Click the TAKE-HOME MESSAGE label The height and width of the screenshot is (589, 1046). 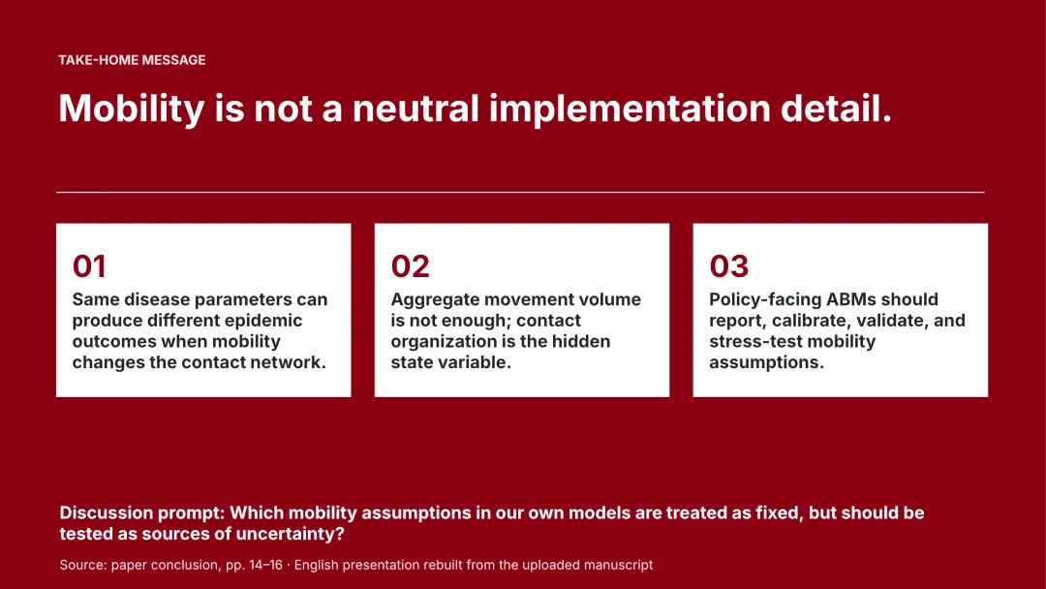click(x=132, y=60)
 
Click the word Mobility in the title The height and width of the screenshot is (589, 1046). click(x=132, y=108)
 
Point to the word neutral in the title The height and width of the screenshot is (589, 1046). click(x=415, y=108)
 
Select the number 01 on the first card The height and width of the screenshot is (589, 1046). click(x=89, y=266)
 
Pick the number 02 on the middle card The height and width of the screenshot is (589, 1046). click(x=411, y=266)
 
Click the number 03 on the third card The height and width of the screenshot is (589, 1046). click(x=729, y=266)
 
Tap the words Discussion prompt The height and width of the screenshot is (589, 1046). click(x=141, y=513)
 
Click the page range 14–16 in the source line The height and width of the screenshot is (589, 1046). click(x=265, y=565)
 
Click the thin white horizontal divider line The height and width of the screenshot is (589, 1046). click(x=520, y=192)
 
